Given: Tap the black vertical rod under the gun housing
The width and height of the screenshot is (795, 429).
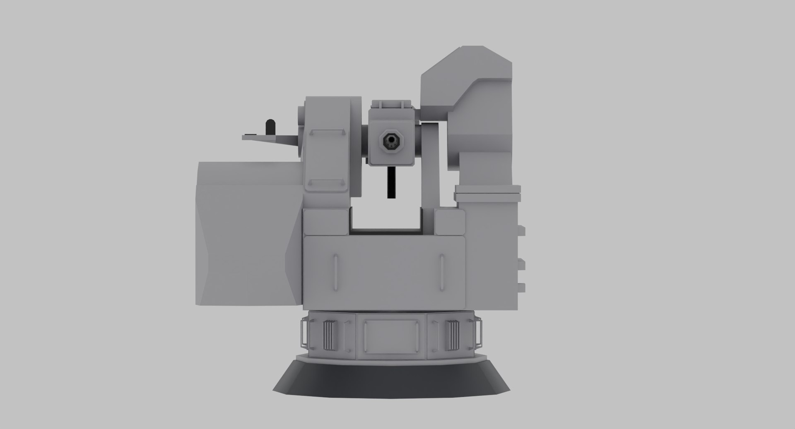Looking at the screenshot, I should click(x=390, y=182).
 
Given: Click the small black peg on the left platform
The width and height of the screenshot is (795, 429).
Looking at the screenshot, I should click(x=270, y=127).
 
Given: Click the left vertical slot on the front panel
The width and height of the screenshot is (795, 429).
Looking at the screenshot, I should click(x=335, y=273).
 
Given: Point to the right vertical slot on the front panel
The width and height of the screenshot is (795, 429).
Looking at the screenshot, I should click(x=442, y=273).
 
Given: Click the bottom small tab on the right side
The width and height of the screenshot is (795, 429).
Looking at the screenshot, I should click(x=522, y=287).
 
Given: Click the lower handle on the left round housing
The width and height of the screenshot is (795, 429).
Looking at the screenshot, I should click(x=326, y=182).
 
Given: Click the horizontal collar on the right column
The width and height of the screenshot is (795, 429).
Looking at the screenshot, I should click(x=487, y=191).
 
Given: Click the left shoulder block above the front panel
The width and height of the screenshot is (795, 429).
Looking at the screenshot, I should click(x=326, y=221).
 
